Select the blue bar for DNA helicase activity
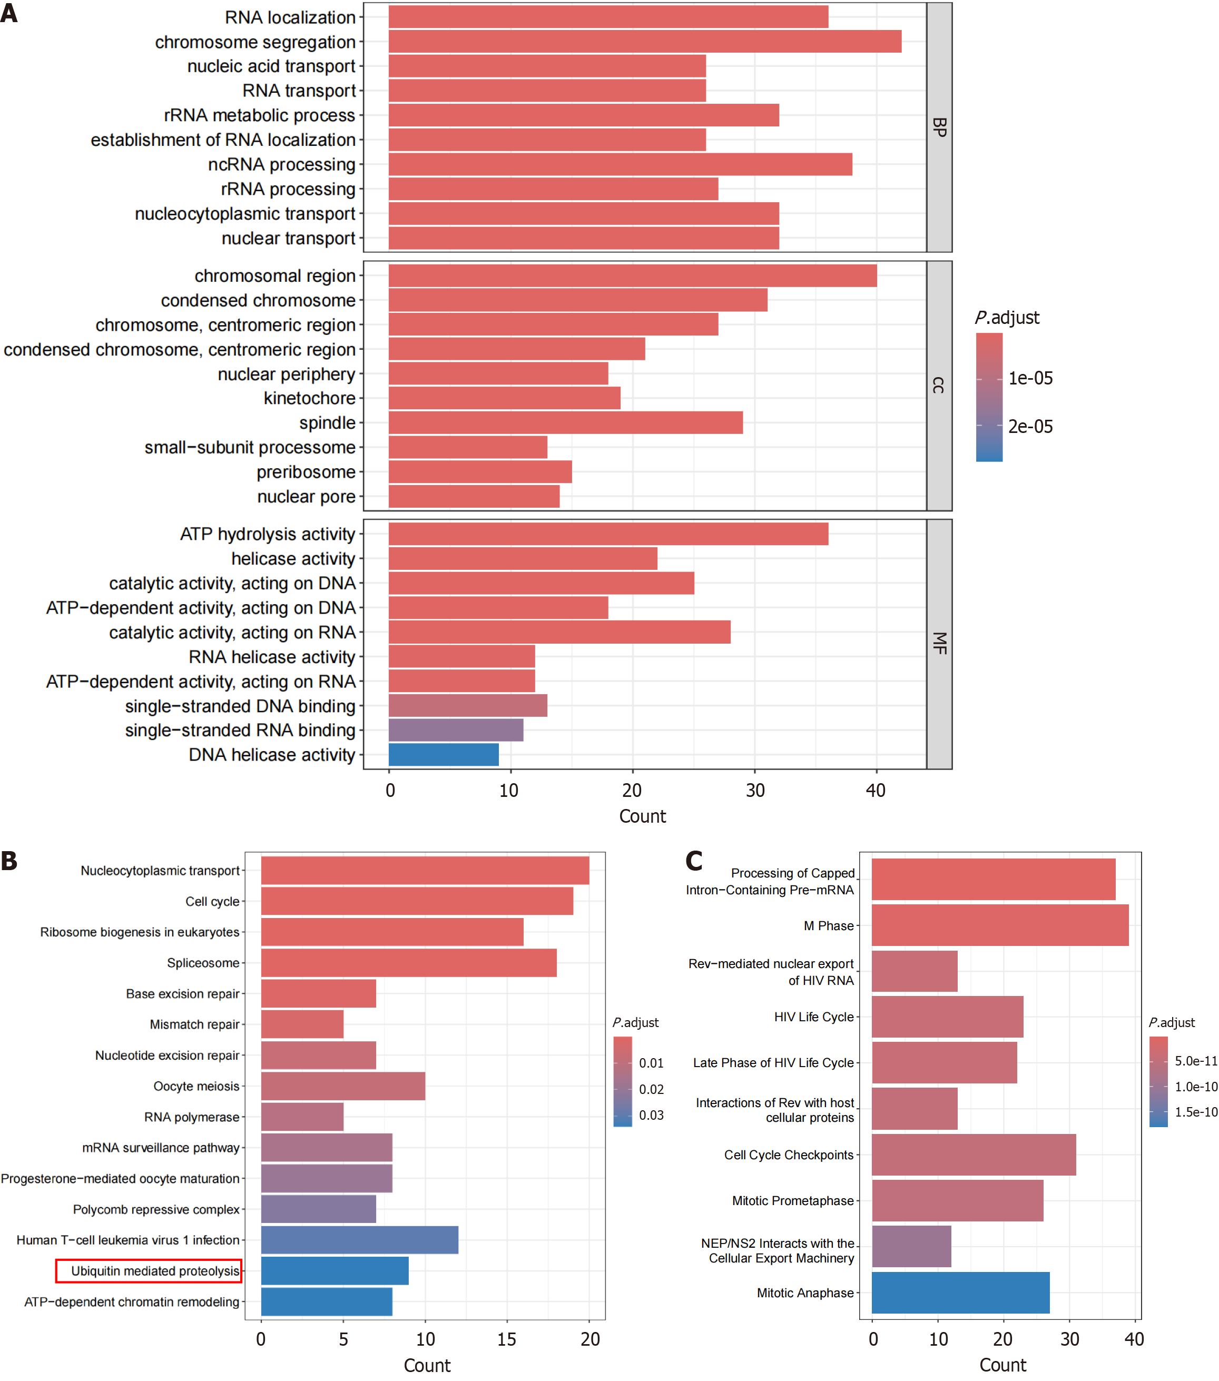[443, 755]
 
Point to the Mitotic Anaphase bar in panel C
[960, 1293]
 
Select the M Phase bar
[999, 925]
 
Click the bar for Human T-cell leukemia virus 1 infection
[359, 1240]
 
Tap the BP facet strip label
[939, 127]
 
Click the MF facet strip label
[939, 643]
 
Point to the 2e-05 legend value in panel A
[1030, 426]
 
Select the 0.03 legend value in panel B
[652, 1115]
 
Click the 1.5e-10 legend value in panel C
[1196, 1112]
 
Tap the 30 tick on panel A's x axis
[755, 791]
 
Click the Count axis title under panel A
[643, 816]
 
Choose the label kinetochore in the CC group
[309, 399]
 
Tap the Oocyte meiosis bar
[342, 1086]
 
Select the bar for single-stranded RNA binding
[456, 731]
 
